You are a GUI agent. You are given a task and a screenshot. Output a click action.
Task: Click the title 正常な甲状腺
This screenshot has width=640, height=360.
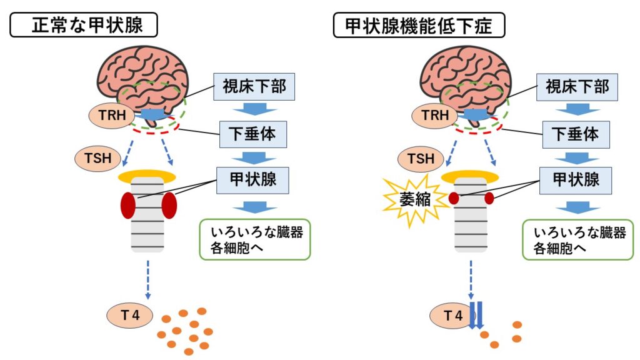point(83,26)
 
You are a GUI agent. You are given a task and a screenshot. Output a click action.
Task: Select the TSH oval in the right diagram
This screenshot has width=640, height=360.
point(421,159)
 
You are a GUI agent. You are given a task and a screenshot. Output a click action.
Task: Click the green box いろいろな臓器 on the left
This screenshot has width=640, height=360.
point(254,239)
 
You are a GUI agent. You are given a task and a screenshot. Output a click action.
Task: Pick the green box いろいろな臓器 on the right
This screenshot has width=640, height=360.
point(577,239)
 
